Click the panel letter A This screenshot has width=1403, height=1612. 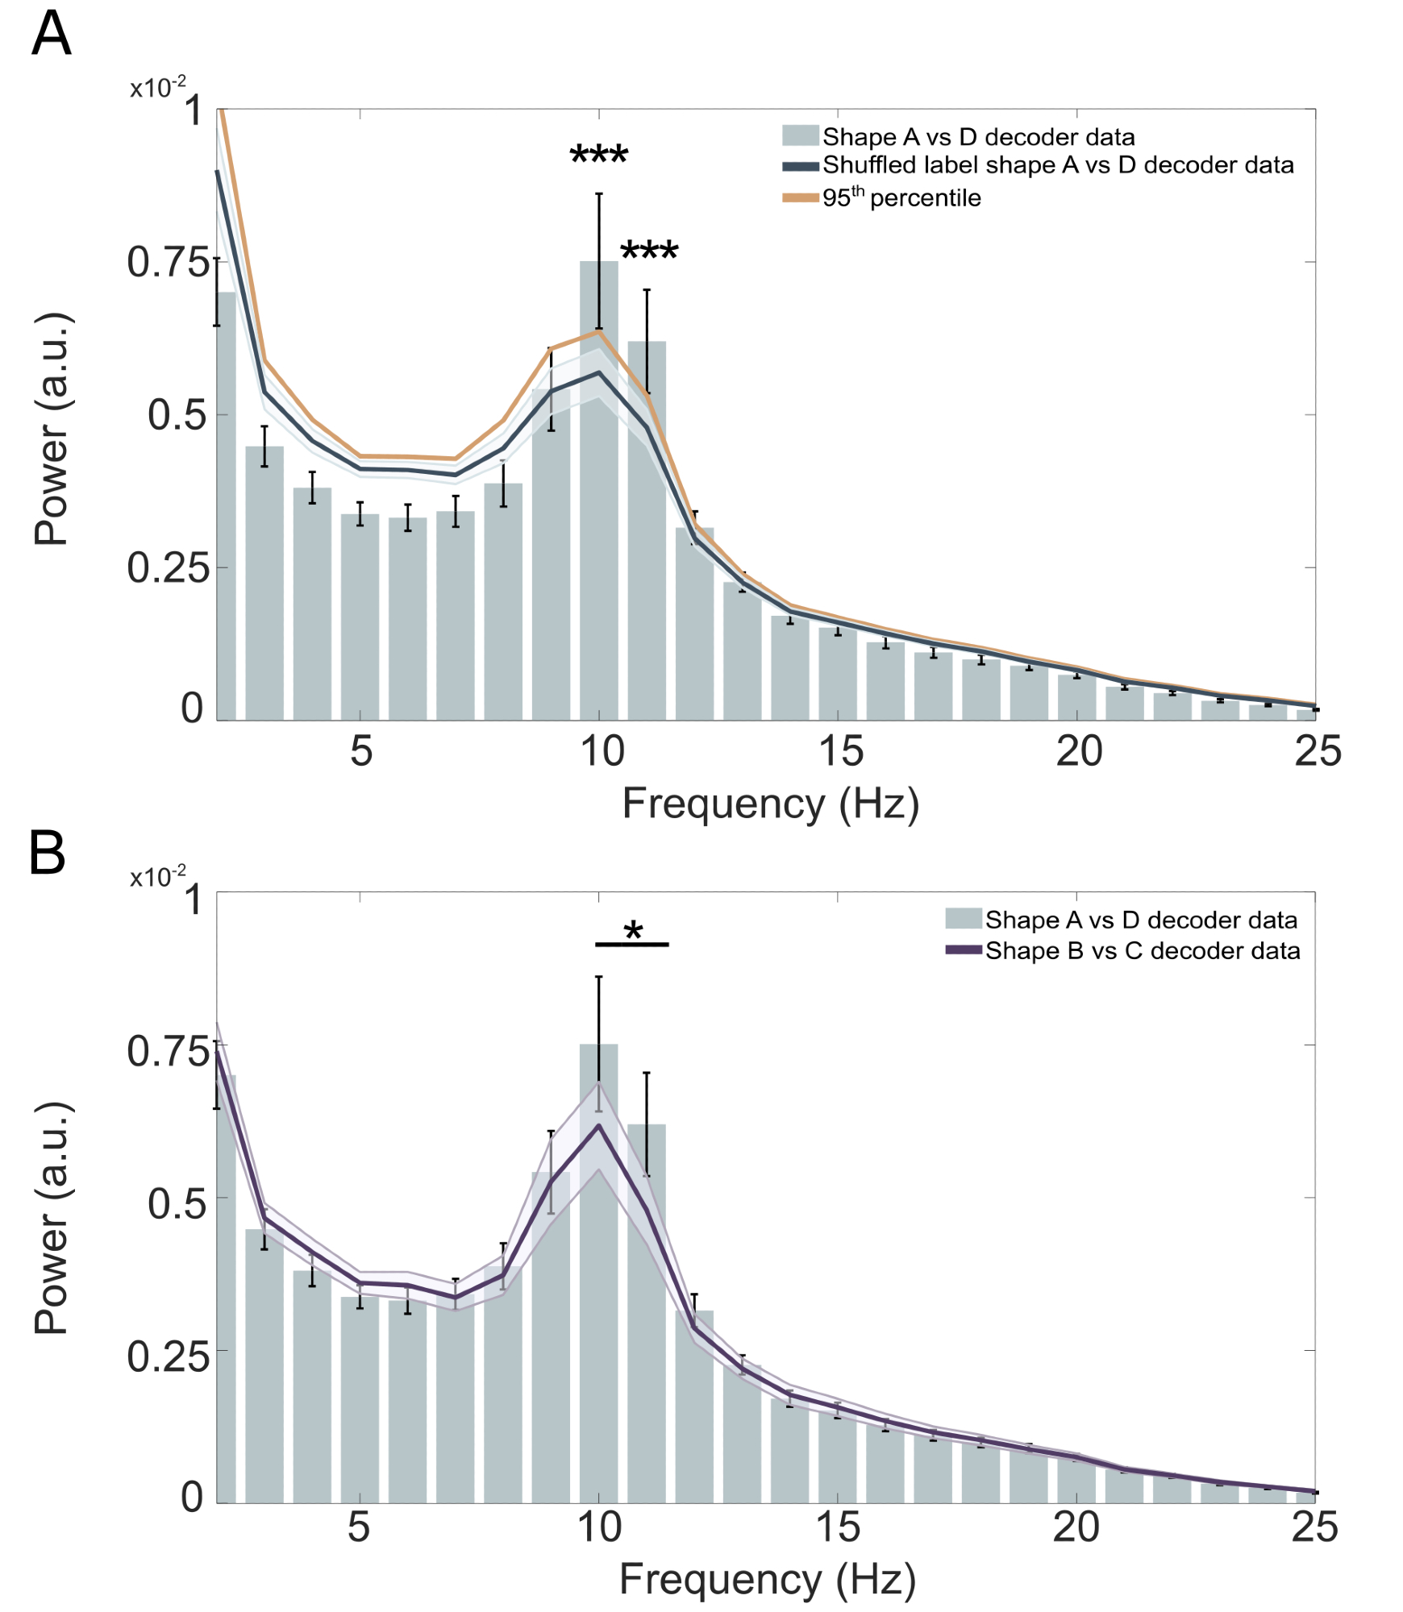tap(51, 35)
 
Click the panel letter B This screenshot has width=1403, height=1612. tap(47, 854)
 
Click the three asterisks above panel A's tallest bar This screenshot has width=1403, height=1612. tap(599, 154)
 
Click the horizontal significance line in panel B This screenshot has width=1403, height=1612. tap(632, 945)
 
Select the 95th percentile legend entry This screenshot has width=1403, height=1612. tap(901, 197)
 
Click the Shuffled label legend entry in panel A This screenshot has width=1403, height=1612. tap(1057, 165)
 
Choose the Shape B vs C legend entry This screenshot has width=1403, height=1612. tap(1142, 951)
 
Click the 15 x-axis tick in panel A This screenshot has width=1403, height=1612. tap(840, 751)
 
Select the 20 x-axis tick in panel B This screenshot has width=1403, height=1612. tap(1076, 1527)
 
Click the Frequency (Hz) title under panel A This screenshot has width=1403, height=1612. tap(770, 804)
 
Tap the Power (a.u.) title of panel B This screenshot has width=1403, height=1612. tap(52, 1217)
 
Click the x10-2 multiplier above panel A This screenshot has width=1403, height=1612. tap(158, 87)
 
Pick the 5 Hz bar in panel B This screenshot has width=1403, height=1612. tap(360, 1398)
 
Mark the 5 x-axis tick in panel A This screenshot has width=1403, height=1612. tap(360, 751)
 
